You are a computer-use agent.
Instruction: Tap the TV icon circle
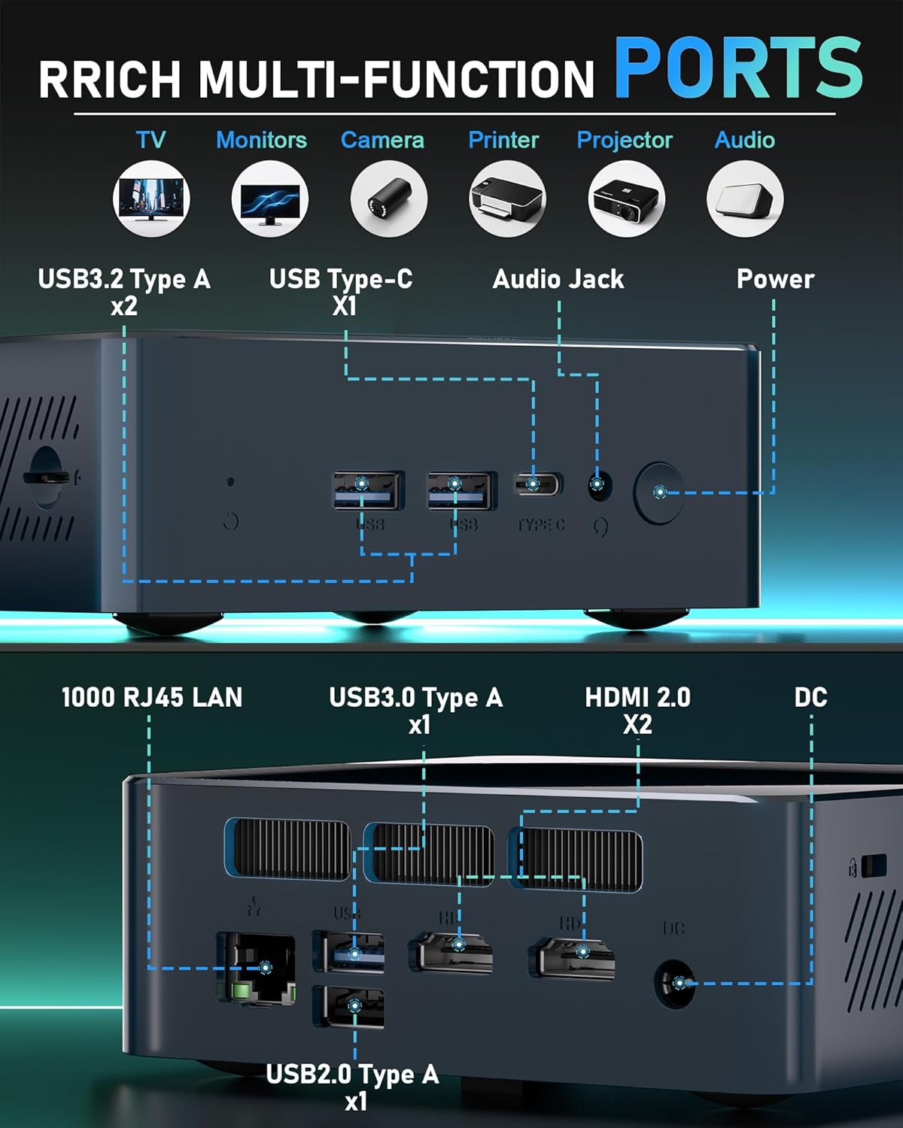(x=151, y=199)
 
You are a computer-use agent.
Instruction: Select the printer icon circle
(x=506, y=199)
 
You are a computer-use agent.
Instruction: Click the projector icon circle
(x=626, y=199)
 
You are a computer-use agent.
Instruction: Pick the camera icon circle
(x=388, y=199)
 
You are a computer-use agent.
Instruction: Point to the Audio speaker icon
(x=745, y=199)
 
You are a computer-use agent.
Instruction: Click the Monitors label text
(x=261, y=140)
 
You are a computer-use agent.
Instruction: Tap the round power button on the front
(x=659, y=493)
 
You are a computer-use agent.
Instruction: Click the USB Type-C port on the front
(x=537, y=484)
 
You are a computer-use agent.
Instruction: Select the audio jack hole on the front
(x=599, y=486)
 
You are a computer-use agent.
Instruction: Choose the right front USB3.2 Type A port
(x=461, y=490)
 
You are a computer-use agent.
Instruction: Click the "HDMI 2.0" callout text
(x=637, y=698)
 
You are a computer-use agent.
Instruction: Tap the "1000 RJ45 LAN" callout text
(x=152, y=697)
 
